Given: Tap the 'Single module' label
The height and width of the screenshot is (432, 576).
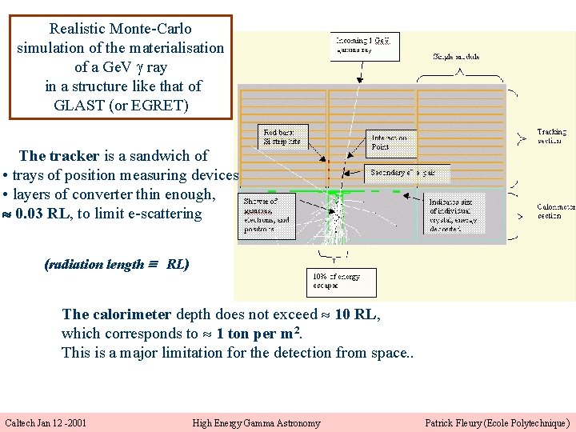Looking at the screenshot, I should click(x=457, y=57).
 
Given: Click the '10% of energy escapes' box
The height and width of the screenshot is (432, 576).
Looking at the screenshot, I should click(x=341, y=282).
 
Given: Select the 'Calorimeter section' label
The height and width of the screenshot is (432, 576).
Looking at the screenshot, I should click(x=554, y=210).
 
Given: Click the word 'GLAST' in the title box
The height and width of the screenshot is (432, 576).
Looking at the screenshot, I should click(x=76, y=105).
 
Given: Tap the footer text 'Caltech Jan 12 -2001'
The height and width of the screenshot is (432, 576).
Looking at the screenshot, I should click(x=46, y=422).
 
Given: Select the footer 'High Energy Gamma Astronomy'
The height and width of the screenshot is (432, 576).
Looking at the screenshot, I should click(x=256, y=422).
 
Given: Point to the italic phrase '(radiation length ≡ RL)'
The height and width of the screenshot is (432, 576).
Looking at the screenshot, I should click(x=117, y=265).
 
